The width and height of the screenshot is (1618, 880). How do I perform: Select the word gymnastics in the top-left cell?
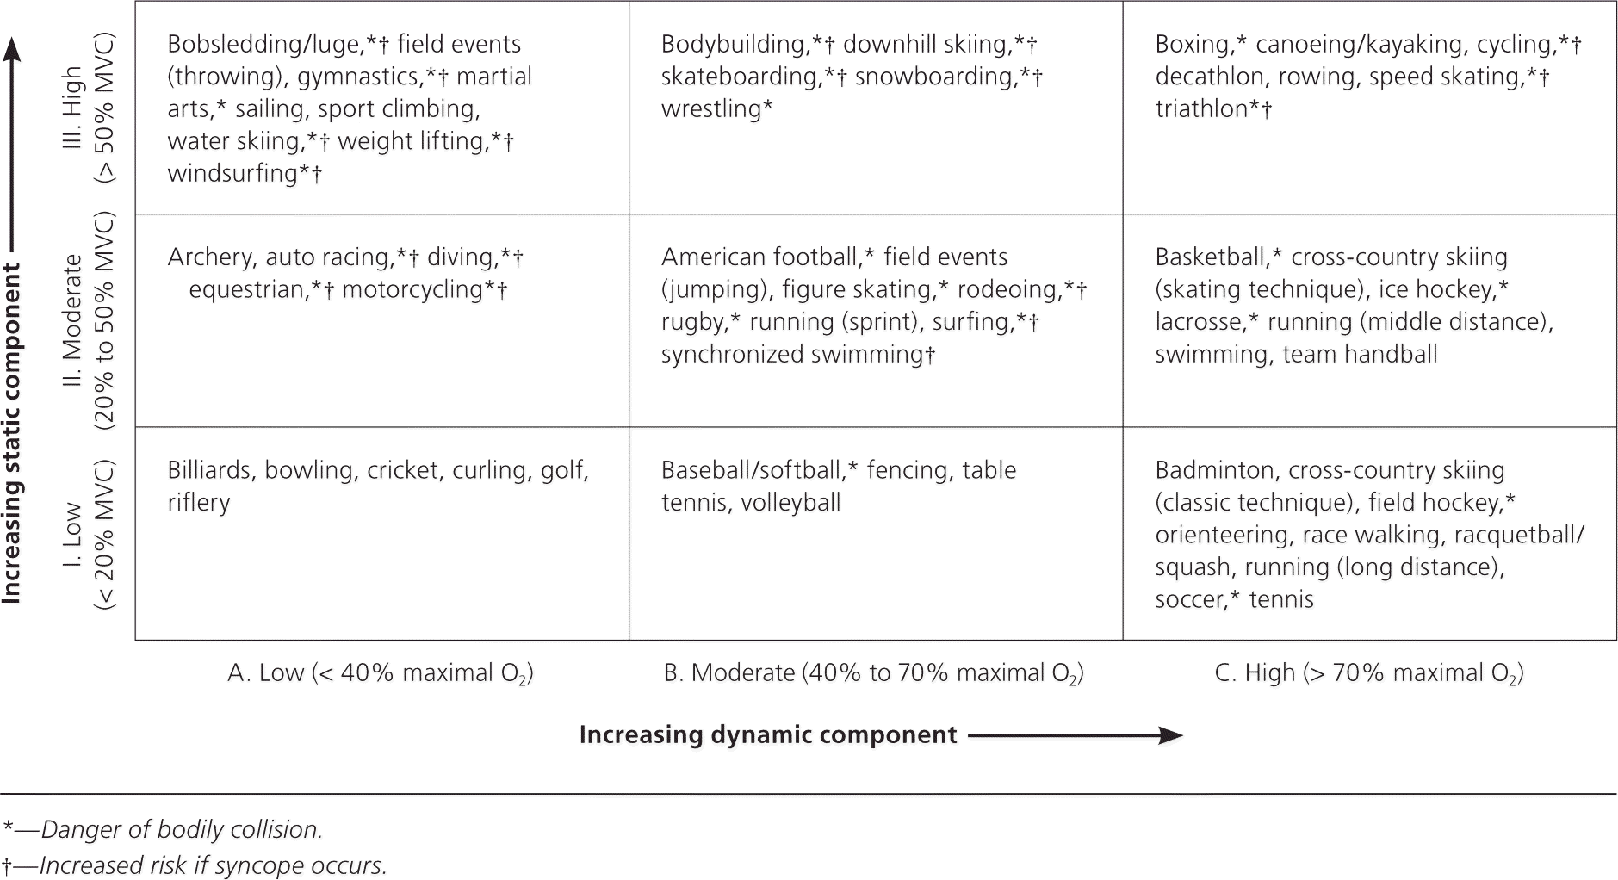pos(359,77)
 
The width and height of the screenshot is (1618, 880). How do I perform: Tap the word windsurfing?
pos(232,173)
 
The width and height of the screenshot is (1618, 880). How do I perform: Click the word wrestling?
pos(711,109)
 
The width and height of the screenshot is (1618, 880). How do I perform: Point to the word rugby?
pos(692,322)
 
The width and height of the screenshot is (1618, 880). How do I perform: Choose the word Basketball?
pos(1211,257)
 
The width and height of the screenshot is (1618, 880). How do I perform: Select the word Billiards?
pos(210,470)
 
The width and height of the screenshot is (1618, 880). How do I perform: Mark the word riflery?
pos(199,503)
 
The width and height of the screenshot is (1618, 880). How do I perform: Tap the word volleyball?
pos(790,503)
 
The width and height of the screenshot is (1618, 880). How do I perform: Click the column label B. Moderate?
pos(729,673)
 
